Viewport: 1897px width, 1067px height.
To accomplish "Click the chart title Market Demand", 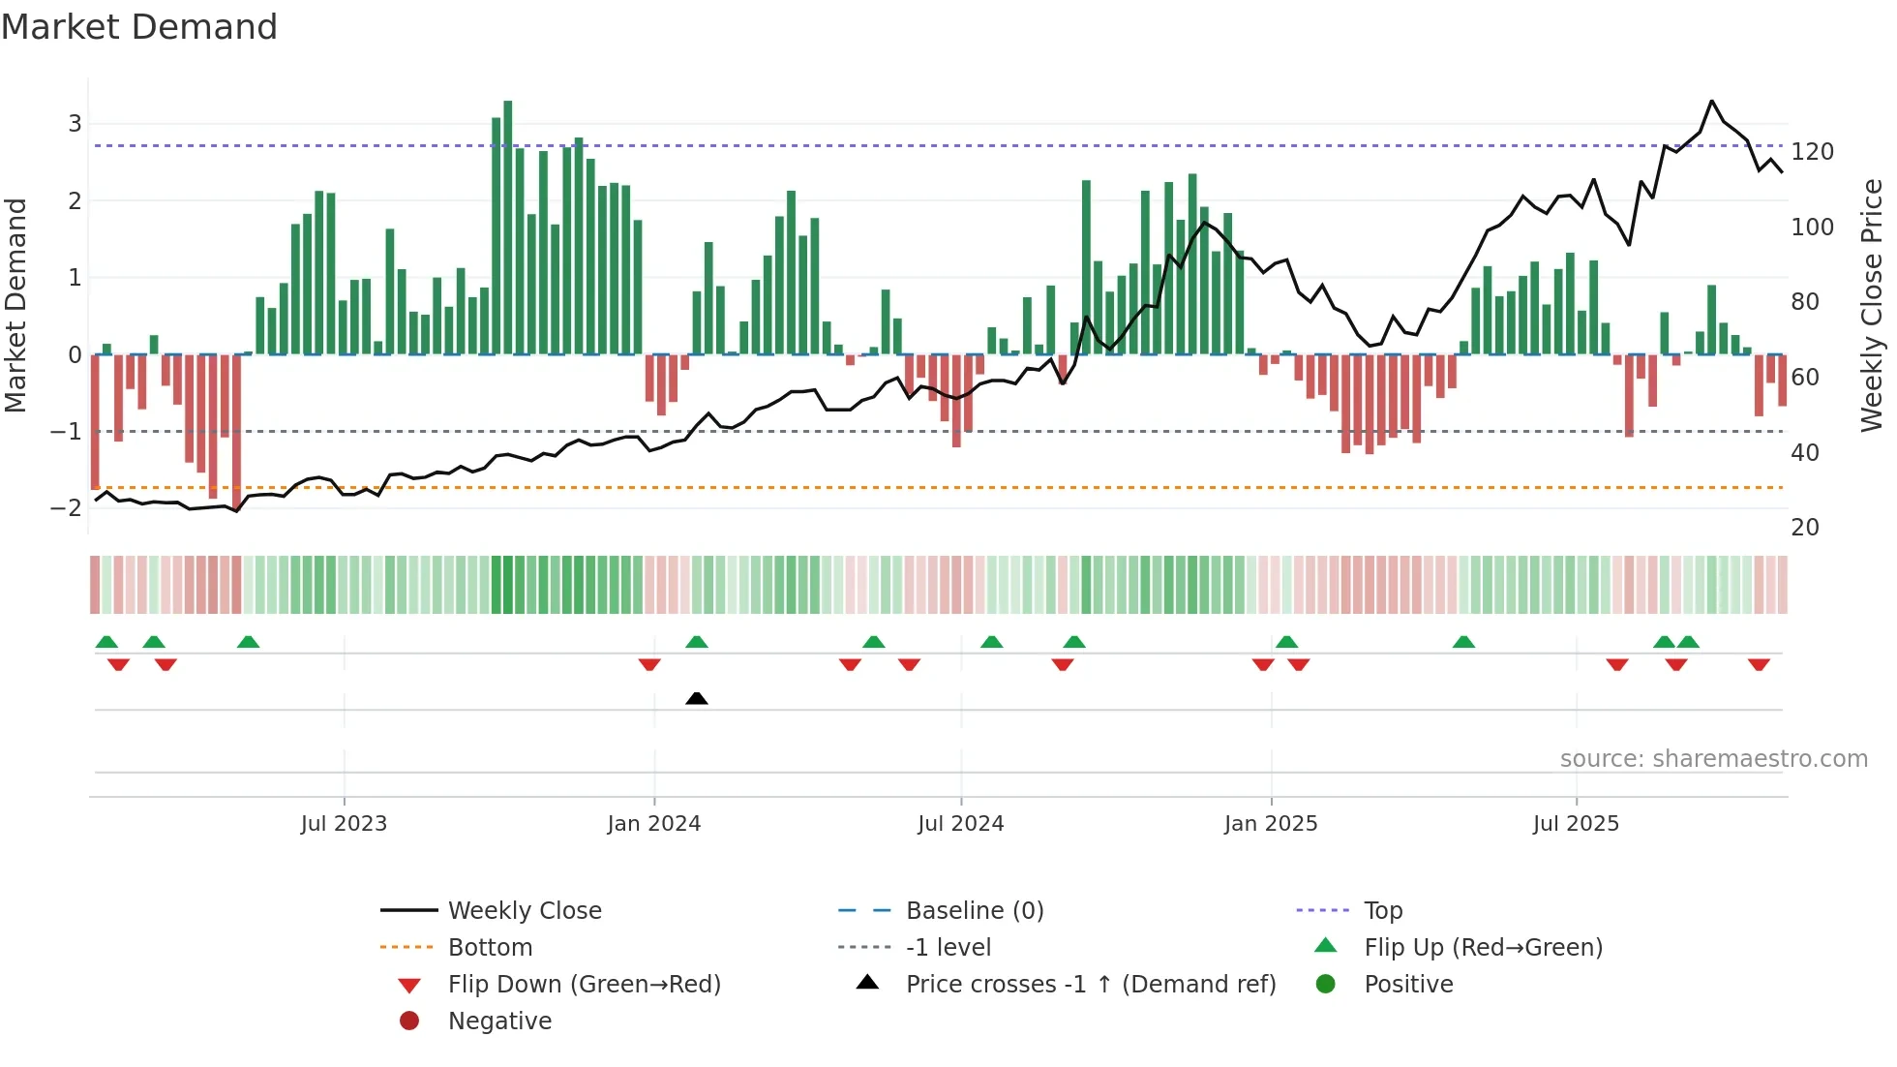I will [x=139, y=27].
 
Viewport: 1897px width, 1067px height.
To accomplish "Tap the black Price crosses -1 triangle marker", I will [x=696, y=698].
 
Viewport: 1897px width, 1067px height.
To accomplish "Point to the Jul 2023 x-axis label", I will [x=344, y=824].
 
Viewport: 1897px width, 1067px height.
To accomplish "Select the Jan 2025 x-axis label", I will [x=1270, y=824].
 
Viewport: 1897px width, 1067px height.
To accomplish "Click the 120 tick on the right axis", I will [x=1812, y=152].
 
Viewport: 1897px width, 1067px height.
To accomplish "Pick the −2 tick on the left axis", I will [x=66, y=507].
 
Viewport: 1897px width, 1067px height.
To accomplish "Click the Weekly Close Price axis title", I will [x=1872, y=305].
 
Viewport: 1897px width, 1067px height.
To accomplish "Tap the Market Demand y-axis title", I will [x=15, y=305].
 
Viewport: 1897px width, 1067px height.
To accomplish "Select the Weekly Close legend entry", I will [x=524, y=911].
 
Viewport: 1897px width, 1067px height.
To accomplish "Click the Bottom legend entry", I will [x=490, y=948].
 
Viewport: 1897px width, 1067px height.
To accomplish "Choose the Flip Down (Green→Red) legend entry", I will [x=584, y=985].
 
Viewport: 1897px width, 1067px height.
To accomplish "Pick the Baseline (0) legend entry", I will [x=974, y=911].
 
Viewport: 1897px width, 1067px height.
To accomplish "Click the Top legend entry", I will [x=1383, y=911].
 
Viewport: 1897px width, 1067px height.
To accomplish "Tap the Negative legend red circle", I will [x=409, y=1021].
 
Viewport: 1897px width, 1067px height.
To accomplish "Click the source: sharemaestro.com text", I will [x=1713, y=759].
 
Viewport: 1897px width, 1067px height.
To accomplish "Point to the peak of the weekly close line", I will [x=1711, y=101].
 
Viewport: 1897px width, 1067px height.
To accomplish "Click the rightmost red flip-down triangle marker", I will [x=1759, y=664].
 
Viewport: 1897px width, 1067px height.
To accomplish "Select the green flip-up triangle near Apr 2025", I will [x=1463, y=642].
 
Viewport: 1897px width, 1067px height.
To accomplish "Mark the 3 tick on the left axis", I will [x=75, y=124].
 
